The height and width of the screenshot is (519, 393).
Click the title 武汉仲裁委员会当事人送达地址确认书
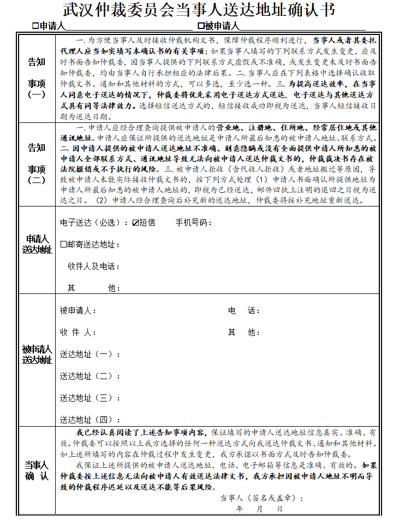coord(199,10)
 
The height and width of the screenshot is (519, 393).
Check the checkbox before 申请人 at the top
coord(35,26)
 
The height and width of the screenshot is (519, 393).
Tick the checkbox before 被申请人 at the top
coord(201,26)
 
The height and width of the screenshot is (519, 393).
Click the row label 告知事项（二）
coord(37,164)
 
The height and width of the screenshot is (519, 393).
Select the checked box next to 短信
coord(136,223)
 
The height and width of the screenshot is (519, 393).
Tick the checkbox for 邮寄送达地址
coord(63,244)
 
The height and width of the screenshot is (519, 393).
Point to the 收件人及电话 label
coord(93,266)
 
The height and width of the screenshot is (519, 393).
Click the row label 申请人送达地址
coord(37,244)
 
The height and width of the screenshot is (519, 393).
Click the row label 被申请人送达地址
coord(37,355)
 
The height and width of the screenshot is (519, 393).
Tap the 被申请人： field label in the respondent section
coord(78,311)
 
